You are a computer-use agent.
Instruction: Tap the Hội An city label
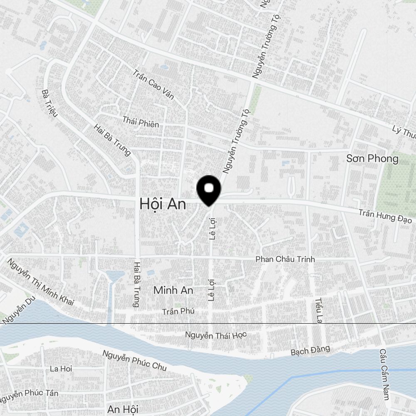(163, 204)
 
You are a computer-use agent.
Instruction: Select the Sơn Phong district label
(372, 158)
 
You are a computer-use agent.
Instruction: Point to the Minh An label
(173, 290)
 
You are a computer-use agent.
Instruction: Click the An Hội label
(123, 409)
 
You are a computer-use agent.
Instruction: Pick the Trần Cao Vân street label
(154, 87)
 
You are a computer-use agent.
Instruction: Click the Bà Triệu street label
(50, 102)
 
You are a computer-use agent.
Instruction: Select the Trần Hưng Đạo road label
(385, 216)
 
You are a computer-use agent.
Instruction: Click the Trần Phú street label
(178, 311)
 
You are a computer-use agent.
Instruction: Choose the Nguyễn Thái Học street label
(216, 335)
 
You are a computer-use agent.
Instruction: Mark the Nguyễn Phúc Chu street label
(134, 360)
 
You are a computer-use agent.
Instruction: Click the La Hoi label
(61, 369)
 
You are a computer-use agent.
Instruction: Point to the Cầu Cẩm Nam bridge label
(384, 374)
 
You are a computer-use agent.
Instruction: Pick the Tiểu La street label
(319, 310)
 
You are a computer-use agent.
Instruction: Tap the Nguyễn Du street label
(17, 308)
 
